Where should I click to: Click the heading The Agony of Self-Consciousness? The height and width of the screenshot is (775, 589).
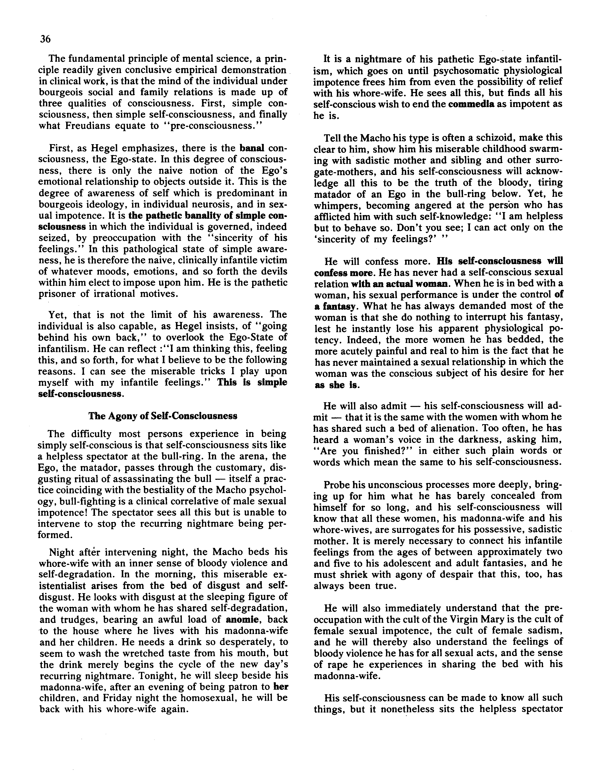[x=163, y=416]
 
